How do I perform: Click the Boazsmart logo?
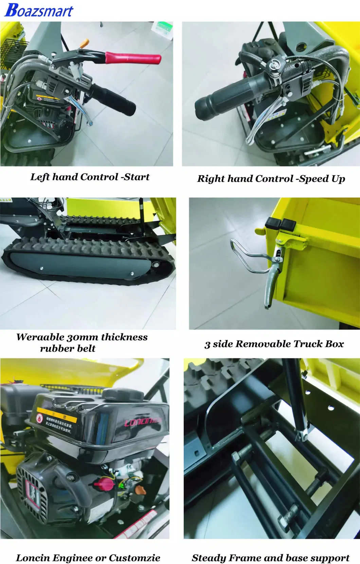[x=39, y=10]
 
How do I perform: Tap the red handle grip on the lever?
[x=133, y=58]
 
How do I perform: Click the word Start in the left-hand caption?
[x=137, y=177]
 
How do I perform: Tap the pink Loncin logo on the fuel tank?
[x=143, y=422]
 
